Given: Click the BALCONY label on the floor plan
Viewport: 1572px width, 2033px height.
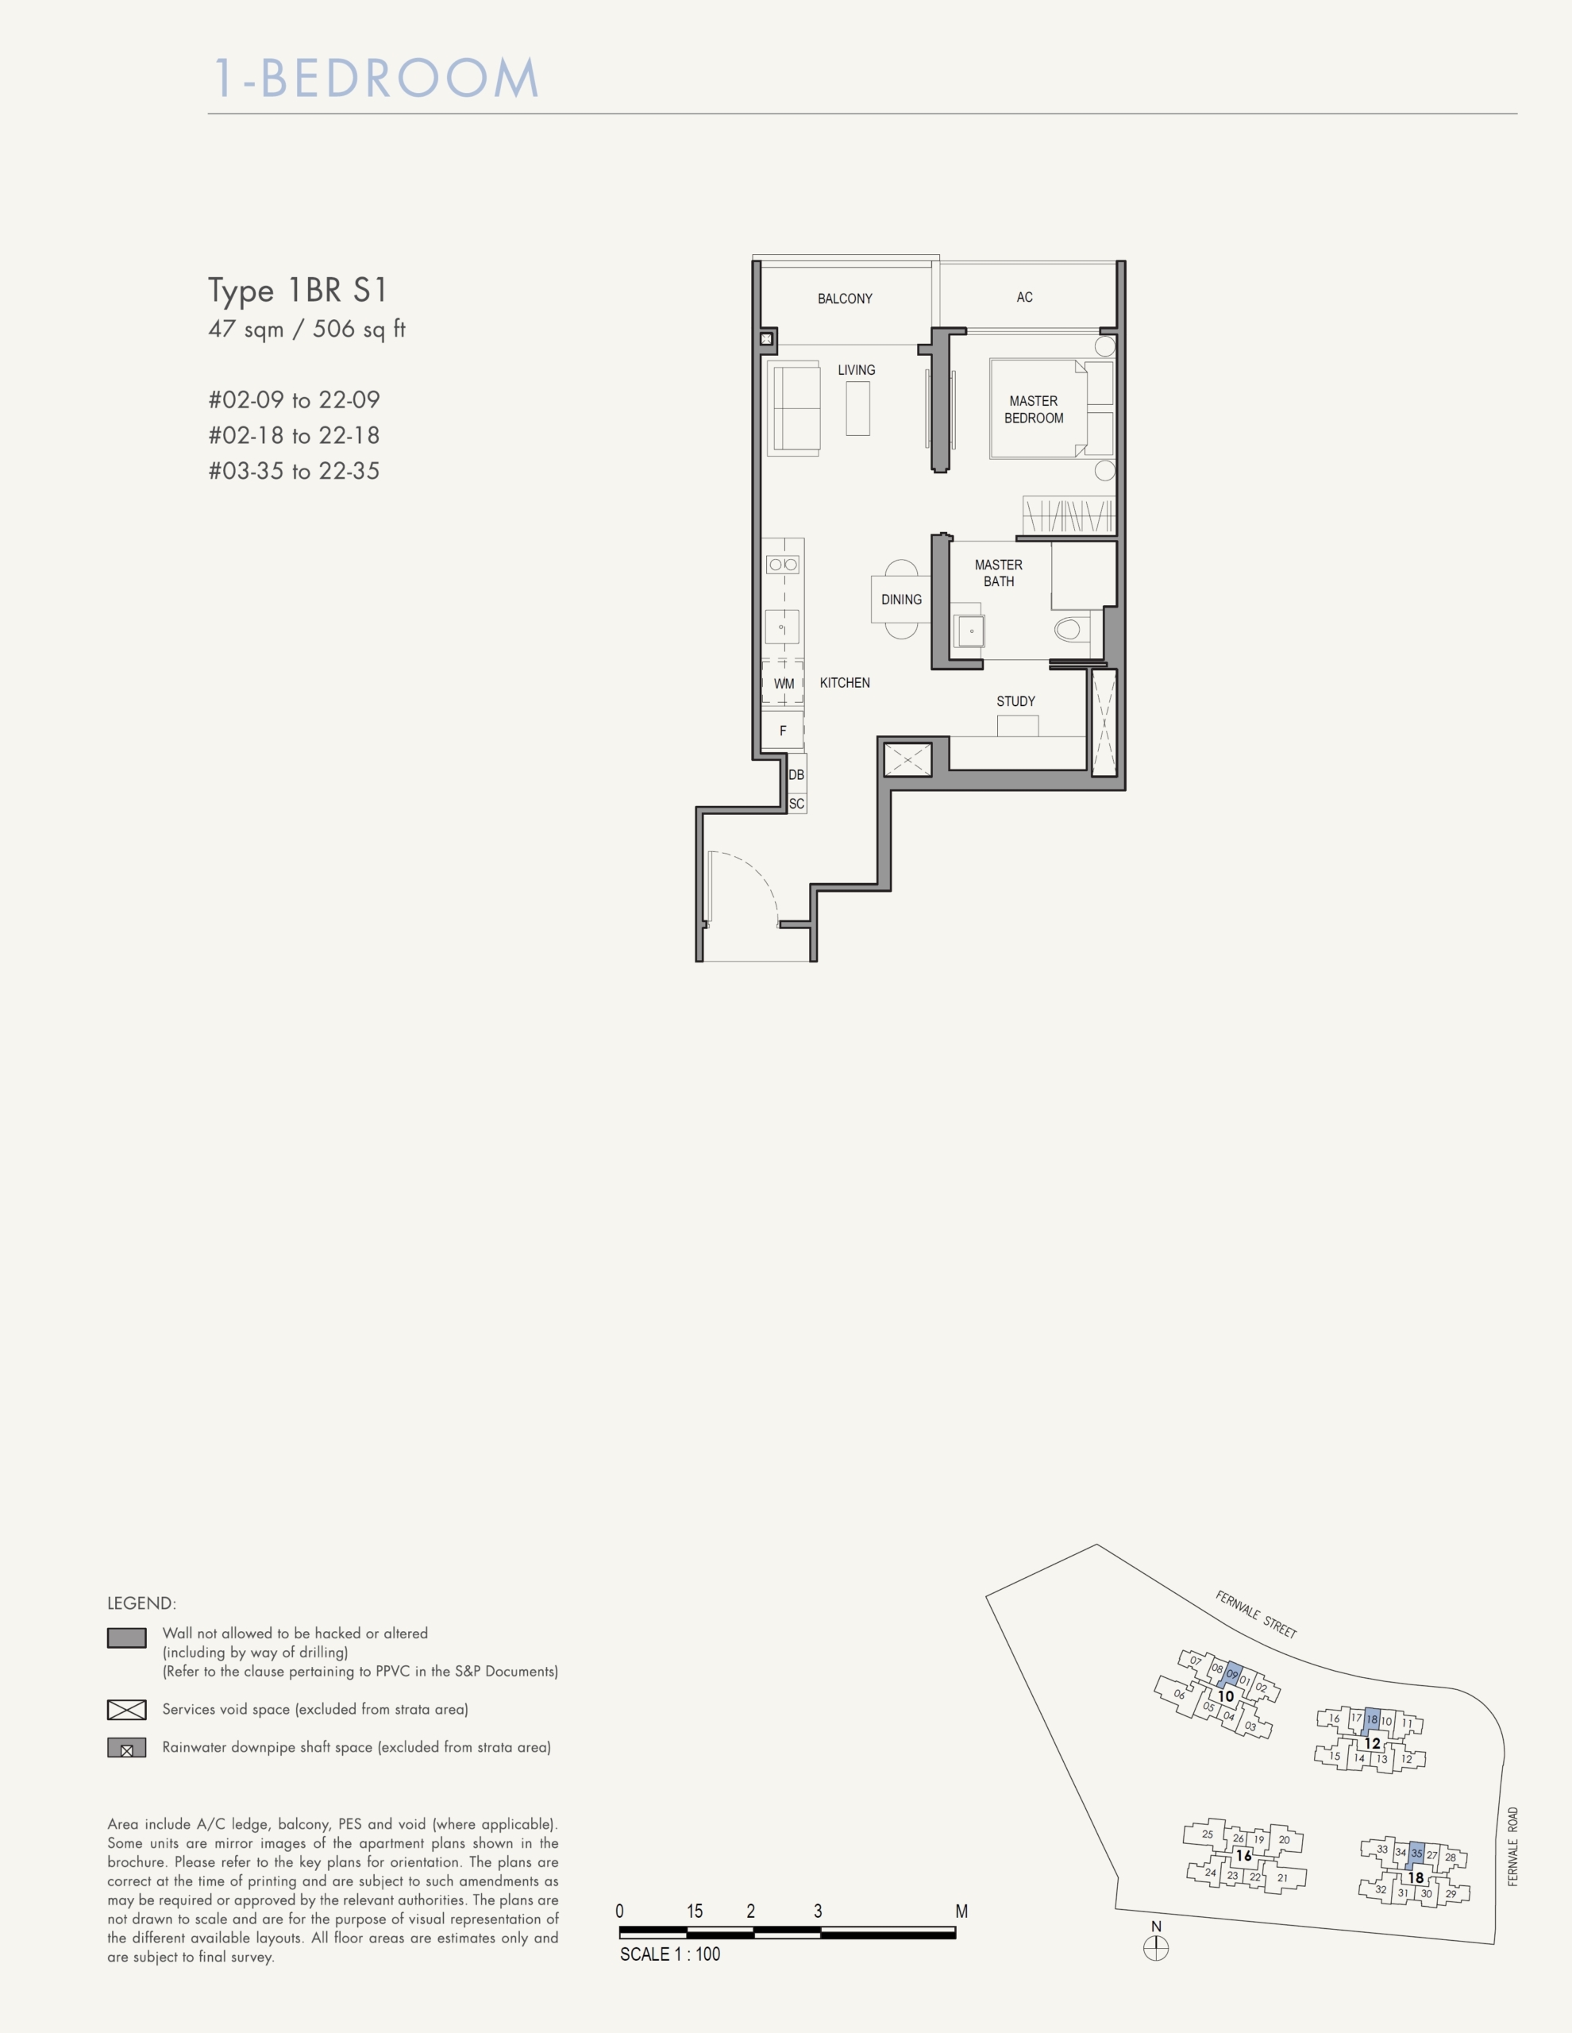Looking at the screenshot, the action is click(845, 299).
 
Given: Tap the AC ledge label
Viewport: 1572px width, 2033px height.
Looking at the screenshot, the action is click(1025, 297).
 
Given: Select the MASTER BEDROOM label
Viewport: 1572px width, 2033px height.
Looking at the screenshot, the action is click(1033, 410).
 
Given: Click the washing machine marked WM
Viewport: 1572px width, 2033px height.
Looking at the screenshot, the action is click(784, 683).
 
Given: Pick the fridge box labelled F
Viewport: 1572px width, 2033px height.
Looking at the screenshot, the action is click(783, 731).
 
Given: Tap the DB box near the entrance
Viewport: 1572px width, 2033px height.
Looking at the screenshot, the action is click(796, 774).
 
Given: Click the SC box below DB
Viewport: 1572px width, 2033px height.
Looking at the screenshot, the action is click(796, 804).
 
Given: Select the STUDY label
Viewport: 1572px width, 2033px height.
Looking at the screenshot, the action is click(1015, 701).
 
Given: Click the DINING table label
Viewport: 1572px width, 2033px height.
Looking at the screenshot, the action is click(901, 600).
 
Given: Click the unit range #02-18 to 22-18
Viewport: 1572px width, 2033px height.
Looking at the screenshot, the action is click(294, 436).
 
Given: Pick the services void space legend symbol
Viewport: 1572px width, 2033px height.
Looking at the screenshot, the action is click(126, 1710).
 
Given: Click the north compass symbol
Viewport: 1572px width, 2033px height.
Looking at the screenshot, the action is click(1156, 1948).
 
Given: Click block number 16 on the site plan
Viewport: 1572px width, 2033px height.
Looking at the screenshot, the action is click(1243, 1856).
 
